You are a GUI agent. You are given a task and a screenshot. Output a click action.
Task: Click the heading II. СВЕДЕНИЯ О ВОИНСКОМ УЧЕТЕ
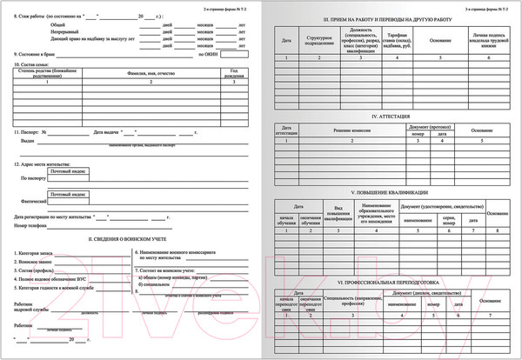tap(130, 237)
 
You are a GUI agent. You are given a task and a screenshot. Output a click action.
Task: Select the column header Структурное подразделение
tap(322, 40)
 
